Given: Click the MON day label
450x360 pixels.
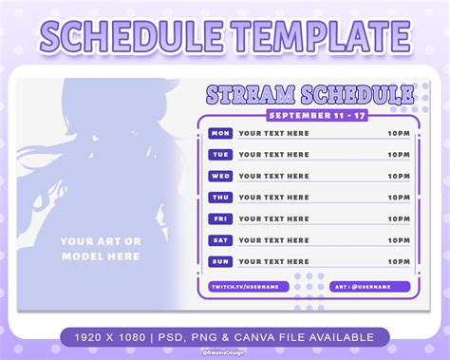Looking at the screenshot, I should tap(220, 133).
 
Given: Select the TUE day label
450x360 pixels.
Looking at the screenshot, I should tap(220, 154).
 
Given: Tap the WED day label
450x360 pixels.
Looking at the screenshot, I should tap(220, 176).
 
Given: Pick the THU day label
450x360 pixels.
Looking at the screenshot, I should tap(220, 197).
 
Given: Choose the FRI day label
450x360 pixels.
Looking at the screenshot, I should tap(220, 218).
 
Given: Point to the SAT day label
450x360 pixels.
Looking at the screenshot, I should tap(220, 239).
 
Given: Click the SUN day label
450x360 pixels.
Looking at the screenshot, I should tap(220, 260).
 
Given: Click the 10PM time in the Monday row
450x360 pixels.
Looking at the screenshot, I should tap(399, 133).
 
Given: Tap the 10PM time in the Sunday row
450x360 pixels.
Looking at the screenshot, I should tap(399, 260).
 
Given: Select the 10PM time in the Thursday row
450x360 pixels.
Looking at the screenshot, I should tap(399, 197).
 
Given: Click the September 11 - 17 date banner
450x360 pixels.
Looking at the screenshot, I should tap(309, 114).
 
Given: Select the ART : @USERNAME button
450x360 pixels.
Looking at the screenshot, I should tap(370, 286).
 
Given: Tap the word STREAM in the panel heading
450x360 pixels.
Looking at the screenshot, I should tap(251, 94).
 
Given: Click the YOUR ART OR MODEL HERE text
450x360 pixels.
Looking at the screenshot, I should tap(101, 248).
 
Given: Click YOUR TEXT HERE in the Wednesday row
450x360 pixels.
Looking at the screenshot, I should tap(274, 176).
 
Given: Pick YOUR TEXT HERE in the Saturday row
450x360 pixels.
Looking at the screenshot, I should tap(274, 239).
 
